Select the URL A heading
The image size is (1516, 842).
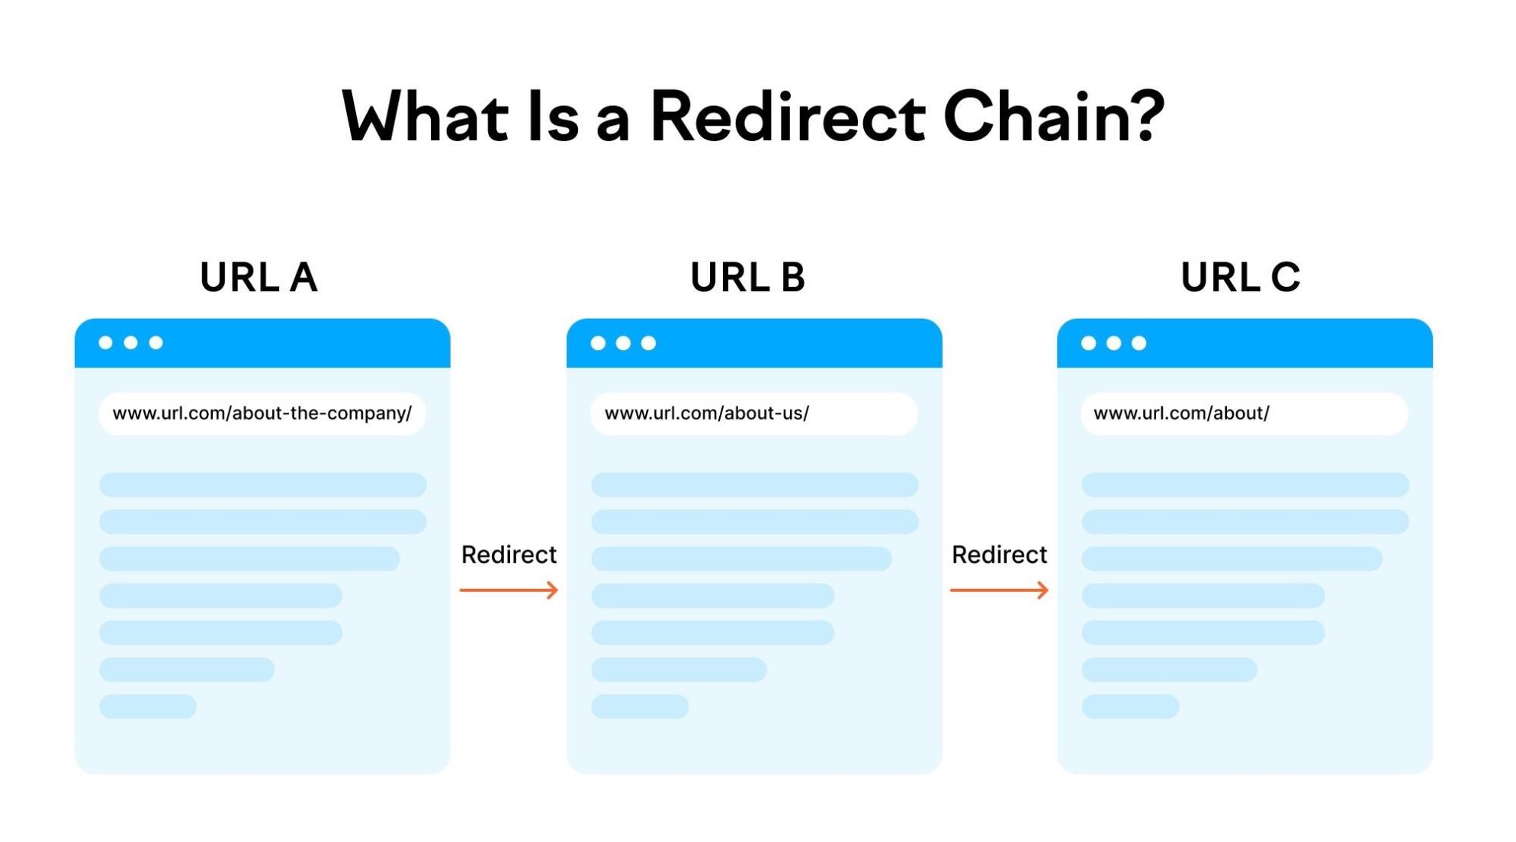259,277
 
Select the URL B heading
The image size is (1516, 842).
747,277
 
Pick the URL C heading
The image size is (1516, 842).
1240,277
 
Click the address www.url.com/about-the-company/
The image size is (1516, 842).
262,413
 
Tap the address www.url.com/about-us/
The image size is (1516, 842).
706,413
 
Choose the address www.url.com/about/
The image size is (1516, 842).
1181,413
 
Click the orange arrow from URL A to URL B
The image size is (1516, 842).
509,590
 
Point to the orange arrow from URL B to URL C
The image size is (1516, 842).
999,590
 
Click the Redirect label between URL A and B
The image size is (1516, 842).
509,554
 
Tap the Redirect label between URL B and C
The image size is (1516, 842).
999,554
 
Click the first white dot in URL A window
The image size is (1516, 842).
106,342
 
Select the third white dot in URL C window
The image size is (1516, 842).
1139,343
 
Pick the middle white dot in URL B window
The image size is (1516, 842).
623,343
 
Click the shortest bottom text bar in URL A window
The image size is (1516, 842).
148,706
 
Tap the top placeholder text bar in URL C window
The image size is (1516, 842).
1245,484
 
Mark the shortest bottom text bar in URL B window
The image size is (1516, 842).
640,706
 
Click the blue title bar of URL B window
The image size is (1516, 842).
793,343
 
